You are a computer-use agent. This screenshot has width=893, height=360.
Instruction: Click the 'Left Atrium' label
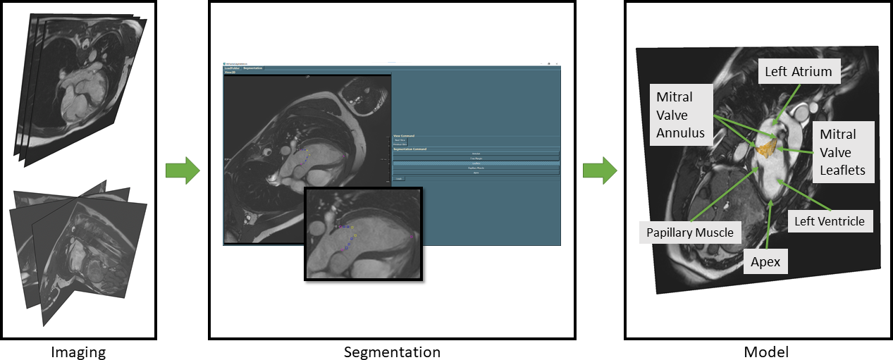tap(798, 72)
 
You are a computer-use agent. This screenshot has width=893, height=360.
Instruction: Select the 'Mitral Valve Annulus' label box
tap(675, 115)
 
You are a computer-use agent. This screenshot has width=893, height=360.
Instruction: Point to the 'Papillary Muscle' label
tap(690, 232)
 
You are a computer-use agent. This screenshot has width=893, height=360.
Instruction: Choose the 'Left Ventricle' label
tap(829, 221)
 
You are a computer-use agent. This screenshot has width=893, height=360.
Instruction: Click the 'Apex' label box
tap(765, 262)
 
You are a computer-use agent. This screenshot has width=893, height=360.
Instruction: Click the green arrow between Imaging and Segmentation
tap(183, 171)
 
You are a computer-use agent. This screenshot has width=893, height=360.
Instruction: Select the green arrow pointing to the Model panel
tap(600, 171)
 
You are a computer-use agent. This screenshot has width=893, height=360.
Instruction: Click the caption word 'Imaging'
tap(78, 352)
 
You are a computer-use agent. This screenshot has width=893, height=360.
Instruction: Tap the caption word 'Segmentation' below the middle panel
tap(392, 352)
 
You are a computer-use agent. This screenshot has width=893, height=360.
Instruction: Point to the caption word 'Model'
tap(766, 352)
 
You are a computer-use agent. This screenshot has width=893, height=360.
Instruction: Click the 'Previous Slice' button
tap(400, 144)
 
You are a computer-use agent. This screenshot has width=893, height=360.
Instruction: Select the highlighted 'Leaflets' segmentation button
tap(476, 163)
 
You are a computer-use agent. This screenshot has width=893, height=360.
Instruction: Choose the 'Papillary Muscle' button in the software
tap(476, 168)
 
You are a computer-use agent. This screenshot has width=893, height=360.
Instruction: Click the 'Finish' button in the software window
tap(398, 179)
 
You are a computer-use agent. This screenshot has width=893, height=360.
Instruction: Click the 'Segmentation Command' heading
tap(410, 149)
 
